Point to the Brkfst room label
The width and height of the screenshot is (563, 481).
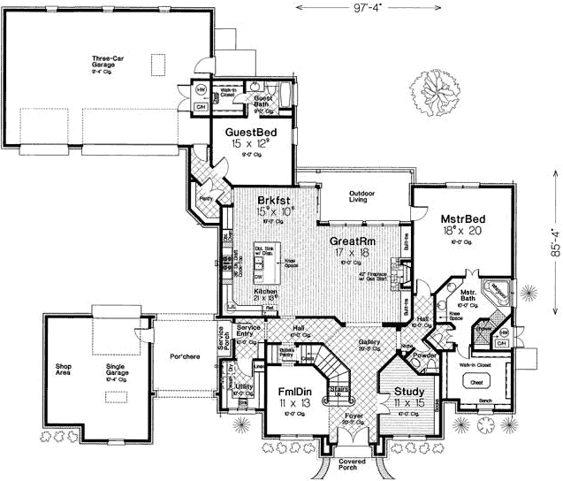tap(275, 199)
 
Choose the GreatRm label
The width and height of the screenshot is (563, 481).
tap(351, 240)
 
